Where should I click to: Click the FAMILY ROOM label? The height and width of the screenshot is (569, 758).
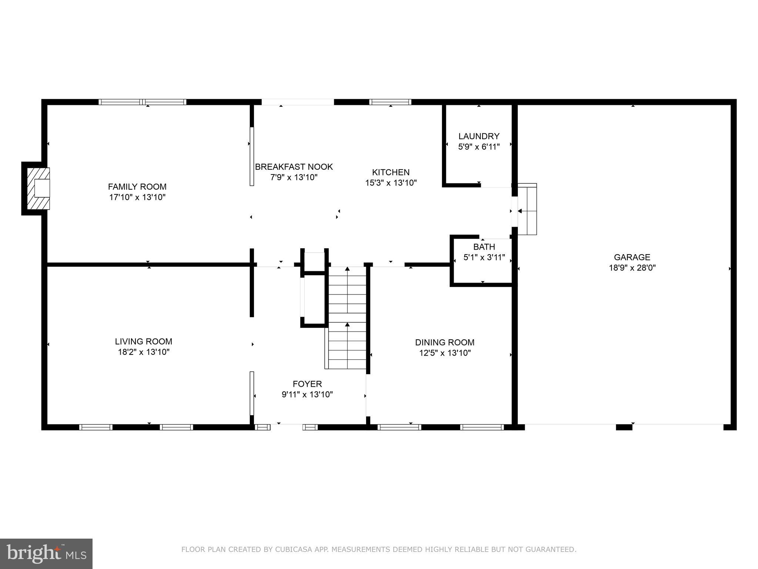point(137,187)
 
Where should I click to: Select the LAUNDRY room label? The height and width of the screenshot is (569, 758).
point(479,136)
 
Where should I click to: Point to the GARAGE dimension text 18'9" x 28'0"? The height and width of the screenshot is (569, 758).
point(632,268)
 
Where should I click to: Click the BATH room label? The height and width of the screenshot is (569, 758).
point(484,247)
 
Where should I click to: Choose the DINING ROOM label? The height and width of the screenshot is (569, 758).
point(445,342)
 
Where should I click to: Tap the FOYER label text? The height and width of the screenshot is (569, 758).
point(307,384)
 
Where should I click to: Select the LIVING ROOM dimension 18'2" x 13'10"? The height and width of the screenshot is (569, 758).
point(144,352)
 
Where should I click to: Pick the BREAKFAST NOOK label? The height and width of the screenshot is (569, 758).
point(294,167)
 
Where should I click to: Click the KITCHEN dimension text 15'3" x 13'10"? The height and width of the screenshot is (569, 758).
point(391,183)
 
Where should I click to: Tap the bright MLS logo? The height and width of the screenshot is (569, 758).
point(46,553)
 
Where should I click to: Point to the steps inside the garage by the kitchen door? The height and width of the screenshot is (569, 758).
point(527,209)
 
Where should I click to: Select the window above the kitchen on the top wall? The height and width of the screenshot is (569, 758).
point(390,102)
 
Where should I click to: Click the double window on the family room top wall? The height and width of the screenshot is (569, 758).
point(142,102)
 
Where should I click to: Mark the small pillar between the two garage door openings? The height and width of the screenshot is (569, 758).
point(624,427)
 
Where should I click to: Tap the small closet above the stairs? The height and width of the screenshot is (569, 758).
point(314,262)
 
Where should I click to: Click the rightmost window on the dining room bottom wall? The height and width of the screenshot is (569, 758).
point(482,427)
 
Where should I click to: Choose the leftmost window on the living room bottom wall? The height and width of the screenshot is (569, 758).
point(96,427)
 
